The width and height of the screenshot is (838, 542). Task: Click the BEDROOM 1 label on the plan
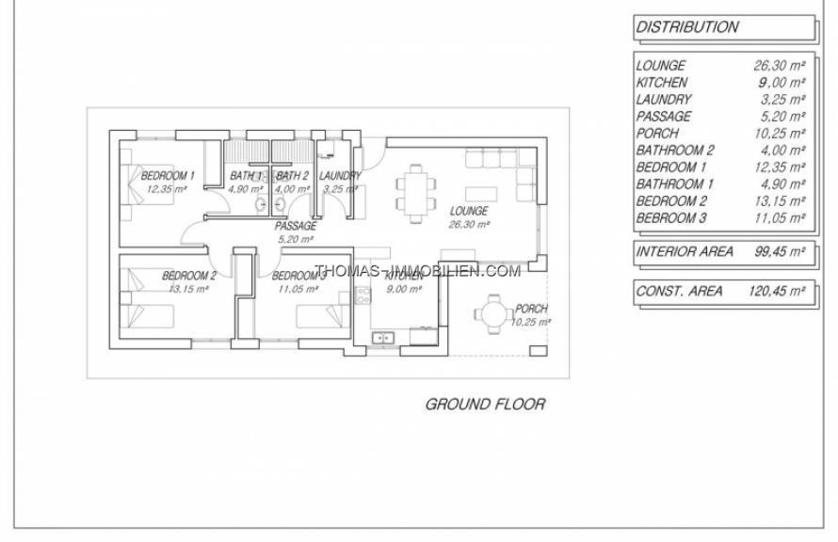tap(168, 176)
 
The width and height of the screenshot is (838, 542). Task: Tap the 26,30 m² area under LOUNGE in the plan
tap(469, 225)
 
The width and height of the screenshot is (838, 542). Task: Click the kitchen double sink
tap(382, 338)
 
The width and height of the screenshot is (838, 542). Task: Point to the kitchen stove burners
tap(363, 295)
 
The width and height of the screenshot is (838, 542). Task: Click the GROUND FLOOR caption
tap(485, 405)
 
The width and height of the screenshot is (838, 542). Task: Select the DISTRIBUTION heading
tap(686, 26)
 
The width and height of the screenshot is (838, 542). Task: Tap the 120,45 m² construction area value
tap(776, 291)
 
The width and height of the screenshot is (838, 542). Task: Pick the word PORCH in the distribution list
tap(657, 133)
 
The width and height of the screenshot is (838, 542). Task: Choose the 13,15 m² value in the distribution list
tap(780, 201)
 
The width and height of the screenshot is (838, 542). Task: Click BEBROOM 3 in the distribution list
tap(670, 218)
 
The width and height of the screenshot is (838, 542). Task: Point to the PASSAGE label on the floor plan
tap(296, 227)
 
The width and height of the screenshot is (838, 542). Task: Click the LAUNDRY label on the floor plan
tap(340, 176)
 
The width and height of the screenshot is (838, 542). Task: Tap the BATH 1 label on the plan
tap(247, 176)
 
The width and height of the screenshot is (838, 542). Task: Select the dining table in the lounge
tap(416, 193)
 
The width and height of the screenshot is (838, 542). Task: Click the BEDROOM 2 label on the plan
tap(188, 276)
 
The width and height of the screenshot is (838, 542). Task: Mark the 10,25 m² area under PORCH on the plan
tap(530, 322)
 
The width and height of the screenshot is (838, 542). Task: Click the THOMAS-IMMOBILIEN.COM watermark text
tap(417, 271)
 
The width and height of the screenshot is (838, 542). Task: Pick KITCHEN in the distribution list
tap(662, 82)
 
